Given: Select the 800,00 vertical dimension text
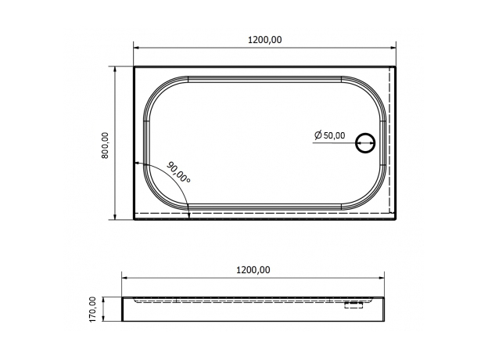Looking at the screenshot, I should pyautogui.click(x=106, y=144).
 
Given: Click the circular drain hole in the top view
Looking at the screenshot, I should pyautogui.click(x=365, y=143).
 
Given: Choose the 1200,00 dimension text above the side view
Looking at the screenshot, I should pyautogui.click(x=253, y=269).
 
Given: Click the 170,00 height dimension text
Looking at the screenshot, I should pyautogui.click(x=93, y=309).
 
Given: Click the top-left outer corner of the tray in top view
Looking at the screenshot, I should pyautogui.click(x=135, y=67).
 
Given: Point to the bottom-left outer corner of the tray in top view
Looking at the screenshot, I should pyautogui.click(x=135, y=219).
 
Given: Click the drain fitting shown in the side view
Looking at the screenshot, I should pyautogui.click(x=355, y=306).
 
